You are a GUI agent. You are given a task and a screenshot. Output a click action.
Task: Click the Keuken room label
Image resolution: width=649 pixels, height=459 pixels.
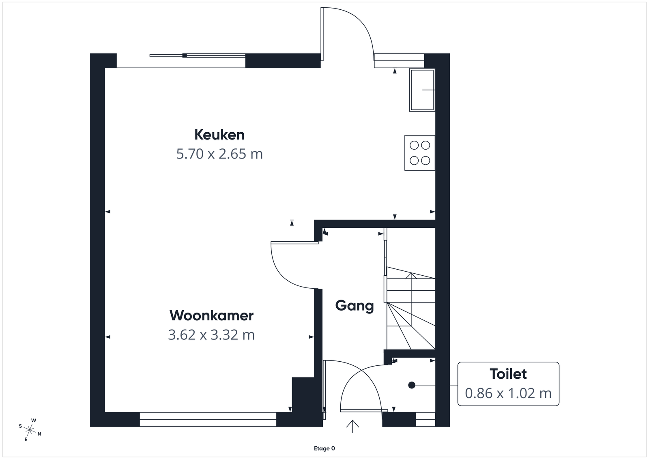[219, 135]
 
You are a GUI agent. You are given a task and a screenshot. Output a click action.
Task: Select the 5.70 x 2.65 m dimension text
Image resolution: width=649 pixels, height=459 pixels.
[219, 154]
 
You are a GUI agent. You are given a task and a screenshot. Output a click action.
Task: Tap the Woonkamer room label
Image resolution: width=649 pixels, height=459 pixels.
[211, 315]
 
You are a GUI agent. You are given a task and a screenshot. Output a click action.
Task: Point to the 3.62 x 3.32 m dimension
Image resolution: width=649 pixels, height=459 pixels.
[211, 335]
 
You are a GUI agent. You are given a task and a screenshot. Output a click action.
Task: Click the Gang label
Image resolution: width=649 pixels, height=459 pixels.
[355, 306]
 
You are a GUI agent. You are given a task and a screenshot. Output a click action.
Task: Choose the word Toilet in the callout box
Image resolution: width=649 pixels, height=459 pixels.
[508, 374]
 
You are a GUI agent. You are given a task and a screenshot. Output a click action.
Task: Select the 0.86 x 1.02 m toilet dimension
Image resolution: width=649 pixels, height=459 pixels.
[508, 393]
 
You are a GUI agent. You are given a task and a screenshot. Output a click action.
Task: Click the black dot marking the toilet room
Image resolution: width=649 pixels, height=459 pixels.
[412, 385]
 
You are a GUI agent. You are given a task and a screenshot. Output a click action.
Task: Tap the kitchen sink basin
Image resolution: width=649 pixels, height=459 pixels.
[422, 90]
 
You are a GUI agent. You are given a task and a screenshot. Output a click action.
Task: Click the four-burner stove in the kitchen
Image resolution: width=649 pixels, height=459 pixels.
[420, 152]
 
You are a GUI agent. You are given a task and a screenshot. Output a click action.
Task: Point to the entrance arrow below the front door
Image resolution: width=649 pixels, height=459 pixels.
[352, 426]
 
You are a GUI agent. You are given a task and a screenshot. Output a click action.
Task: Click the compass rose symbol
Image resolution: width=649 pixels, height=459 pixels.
[30, 430]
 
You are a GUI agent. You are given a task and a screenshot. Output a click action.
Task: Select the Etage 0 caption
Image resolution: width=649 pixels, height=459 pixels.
[324, 448]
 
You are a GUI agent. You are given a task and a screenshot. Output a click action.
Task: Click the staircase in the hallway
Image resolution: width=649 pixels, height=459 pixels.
[411, 308]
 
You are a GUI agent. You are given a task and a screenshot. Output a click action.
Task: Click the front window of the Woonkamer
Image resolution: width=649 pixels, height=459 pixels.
[208, 419]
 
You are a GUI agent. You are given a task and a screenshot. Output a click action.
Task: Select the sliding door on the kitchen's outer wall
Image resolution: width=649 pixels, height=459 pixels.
[198, 56]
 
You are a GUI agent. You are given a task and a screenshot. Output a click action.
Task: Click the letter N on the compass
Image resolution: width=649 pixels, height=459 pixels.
[39, 434]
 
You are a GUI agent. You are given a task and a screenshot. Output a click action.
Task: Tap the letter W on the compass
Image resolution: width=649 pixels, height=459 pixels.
[34, 420]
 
